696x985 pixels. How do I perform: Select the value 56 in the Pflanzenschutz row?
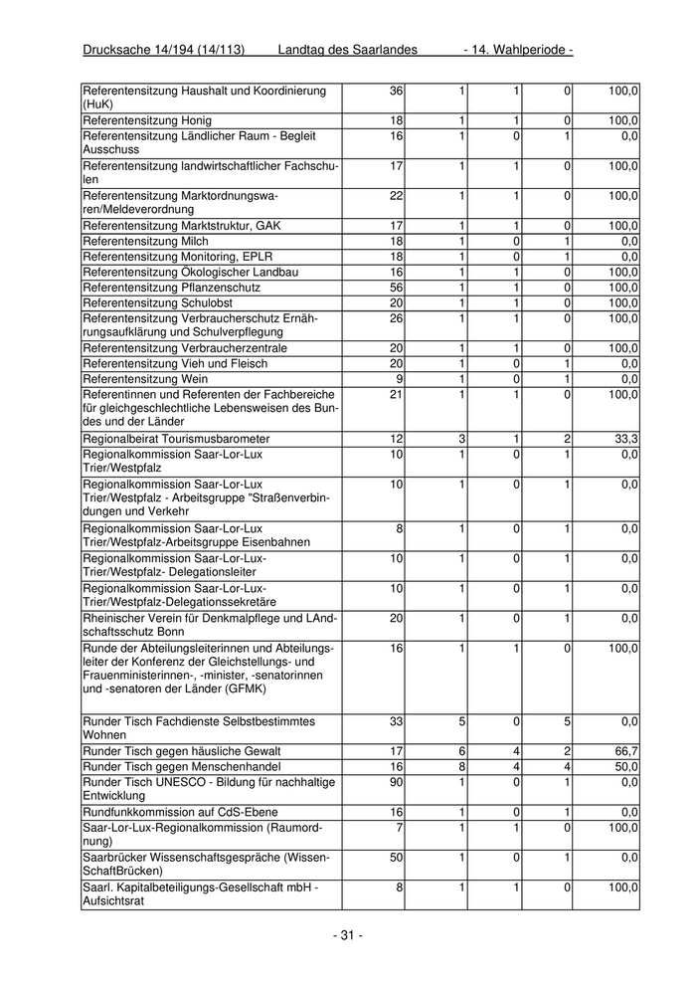(x=396, y=288)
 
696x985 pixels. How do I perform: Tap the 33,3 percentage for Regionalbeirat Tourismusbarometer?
(x=623, y=439)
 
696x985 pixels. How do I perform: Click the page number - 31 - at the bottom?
(x=347, y=935)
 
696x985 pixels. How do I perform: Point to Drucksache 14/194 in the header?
(x=163, y=50)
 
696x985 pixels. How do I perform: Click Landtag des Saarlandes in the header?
(x=347, y=50)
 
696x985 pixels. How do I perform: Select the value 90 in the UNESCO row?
(x=396, y=783)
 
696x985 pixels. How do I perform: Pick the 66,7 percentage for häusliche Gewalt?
(x=623, y=751)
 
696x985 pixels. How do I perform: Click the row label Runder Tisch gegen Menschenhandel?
(x=182, y=767)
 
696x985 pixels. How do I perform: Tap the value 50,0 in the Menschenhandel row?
(x=623, y=767)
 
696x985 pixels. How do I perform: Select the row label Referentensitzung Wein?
(x=145, y=379)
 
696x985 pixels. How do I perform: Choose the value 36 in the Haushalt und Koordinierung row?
(x=396, y=91)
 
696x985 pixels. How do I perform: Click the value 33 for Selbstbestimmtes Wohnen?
(x=396, y=721)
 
